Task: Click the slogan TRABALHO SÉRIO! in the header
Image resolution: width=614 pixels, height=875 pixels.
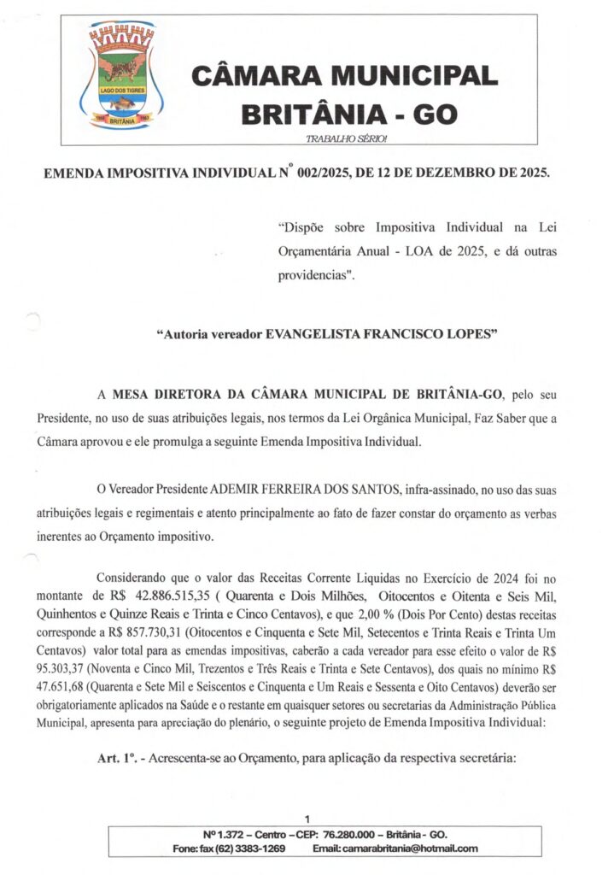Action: point(346,138)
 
